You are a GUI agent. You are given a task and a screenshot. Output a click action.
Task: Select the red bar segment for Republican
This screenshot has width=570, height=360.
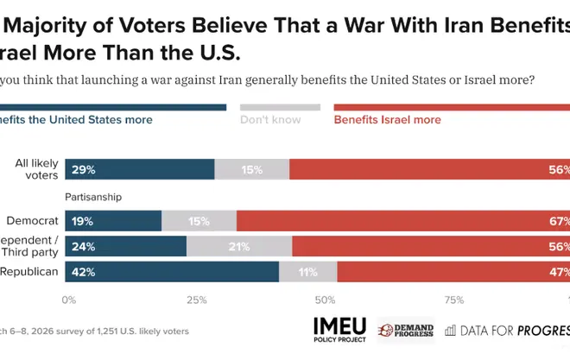(x=453, y=271)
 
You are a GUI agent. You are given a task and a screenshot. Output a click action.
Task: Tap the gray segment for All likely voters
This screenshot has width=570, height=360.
(x=251, y=169)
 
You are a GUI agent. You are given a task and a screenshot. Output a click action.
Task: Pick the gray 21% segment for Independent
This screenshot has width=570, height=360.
(x=239, y=246)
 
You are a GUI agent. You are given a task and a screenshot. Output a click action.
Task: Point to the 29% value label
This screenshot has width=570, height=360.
(x=85, y=170)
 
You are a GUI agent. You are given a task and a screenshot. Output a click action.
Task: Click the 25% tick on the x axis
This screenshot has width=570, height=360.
(x=197, y=300)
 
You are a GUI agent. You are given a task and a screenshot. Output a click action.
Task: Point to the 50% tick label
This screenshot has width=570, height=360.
(x=325, y=300)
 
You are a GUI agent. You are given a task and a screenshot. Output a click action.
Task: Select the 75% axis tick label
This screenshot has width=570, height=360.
(x=453, y=300)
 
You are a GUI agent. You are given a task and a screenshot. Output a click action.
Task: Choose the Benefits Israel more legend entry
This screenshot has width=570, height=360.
(x=387, y=120)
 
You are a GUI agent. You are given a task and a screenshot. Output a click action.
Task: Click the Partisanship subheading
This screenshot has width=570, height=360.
(x=92, y=197)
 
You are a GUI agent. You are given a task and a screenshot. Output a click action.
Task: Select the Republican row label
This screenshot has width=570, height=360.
(x=29, y=271)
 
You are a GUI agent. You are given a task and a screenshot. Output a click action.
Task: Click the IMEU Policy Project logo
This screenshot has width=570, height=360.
(x=339, y=330)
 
